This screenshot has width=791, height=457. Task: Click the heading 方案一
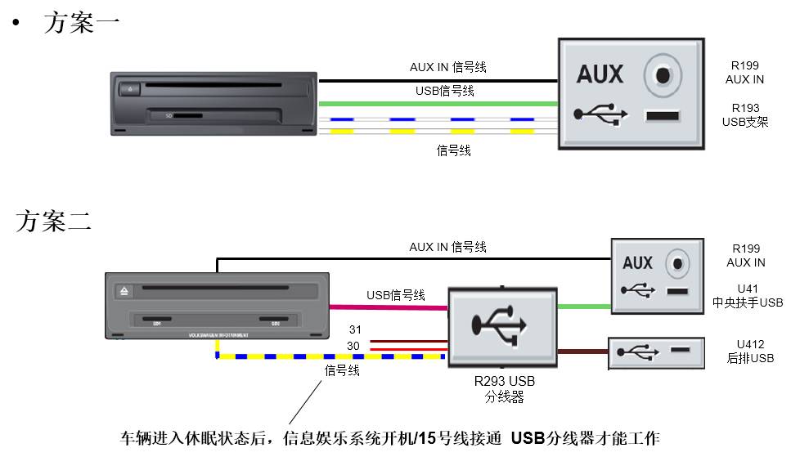tap(82, 22)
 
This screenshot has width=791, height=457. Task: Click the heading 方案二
tap(54, 222)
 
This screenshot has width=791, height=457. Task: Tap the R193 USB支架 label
tap(745, 114)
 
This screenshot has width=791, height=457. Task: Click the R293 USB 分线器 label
tap(503, 389)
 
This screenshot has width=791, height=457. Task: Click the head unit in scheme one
tap(213, 104)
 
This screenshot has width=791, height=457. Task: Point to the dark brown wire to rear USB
tap(582, 352)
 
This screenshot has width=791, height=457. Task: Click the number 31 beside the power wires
tap(355, 329)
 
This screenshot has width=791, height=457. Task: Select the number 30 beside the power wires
tap(355, 346)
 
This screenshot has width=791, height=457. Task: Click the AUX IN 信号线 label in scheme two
tap(447, 246)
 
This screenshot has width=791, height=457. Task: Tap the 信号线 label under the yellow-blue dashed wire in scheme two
tap(341, 370)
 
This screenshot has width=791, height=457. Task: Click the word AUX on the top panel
tap(600, 74)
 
